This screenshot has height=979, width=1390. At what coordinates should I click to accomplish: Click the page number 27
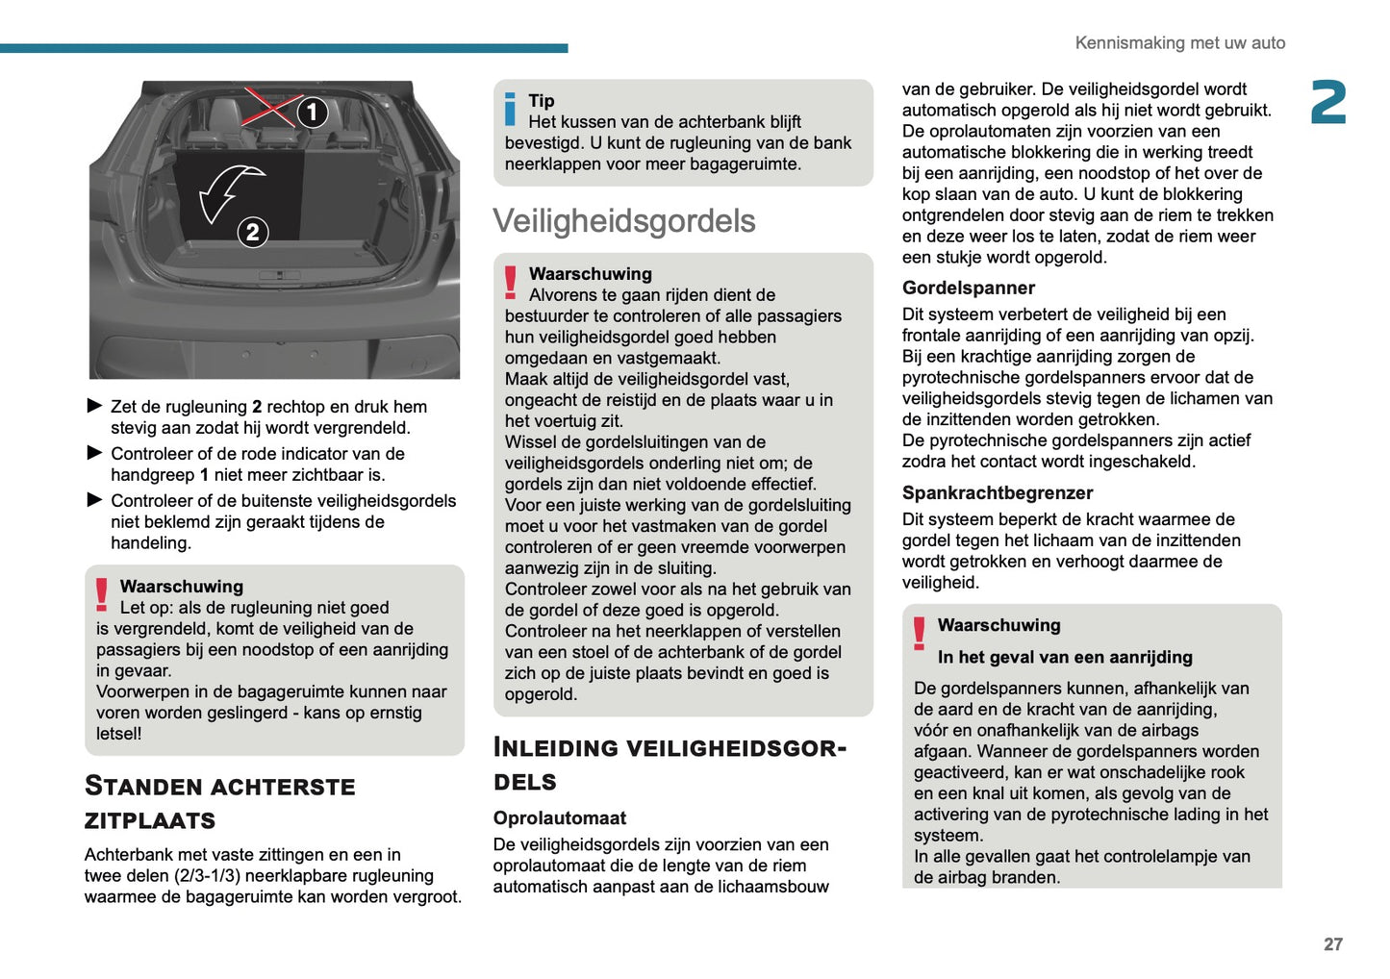point(1332,944)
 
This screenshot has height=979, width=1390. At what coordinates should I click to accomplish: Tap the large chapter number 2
point(1328,103)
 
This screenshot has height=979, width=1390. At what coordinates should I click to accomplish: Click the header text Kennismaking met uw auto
point(1179,43)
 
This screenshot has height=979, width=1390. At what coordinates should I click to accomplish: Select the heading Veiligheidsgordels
point(624,221)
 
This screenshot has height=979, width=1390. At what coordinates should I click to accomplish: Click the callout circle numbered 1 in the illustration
point(312,113)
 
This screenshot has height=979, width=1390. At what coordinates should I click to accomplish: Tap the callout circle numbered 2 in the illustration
point(252,232)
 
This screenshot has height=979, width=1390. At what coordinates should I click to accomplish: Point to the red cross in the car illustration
point(270,106)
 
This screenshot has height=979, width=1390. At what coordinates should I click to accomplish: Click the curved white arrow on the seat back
point(229,191)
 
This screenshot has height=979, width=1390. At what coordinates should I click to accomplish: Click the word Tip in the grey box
point(542,101)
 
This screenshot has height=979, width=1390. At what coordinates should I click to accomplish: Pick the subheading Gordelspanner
point(968,288)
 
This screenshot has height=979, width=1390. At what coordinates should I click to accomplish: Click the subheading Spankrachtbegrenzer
point(997,492)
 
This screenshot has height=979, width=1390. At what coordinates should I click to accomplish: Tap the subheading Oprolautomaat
point(559,817)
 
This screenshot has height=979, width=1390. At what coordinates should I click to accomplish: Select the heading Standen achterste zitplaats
point(219,803)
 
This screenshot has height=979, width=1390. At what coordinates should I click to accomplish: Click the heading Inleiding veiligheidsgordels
point(669,764)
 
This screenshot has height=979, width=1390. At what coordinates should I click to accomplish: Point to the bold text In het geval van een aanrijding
point(1065,657)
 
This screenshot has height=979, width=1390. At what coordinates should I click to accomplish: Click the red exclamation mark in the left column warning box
point(102,594)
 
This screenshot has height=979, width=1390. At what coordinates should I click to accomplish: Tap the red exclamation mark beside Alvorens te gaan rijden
point(511,282)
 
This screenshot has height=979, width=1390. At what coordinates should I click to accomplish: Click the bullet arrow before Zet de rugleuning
point(94,406)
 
